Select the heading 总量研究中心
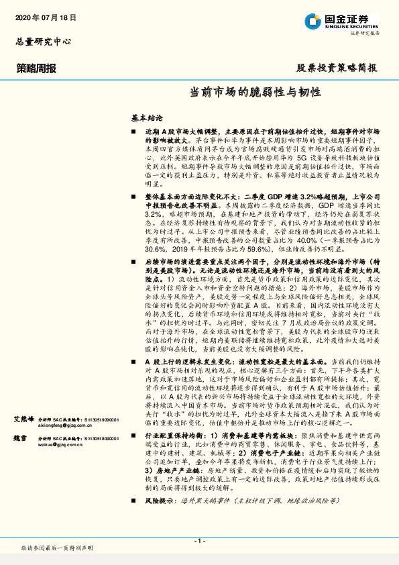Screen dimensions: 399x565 point(43,42)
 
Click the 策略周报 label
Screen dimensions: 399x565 point(36,68)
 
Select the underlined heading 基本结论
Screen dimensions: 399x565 point(146,116)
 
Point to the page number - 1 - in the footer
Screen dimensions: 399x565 point(199,540)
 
